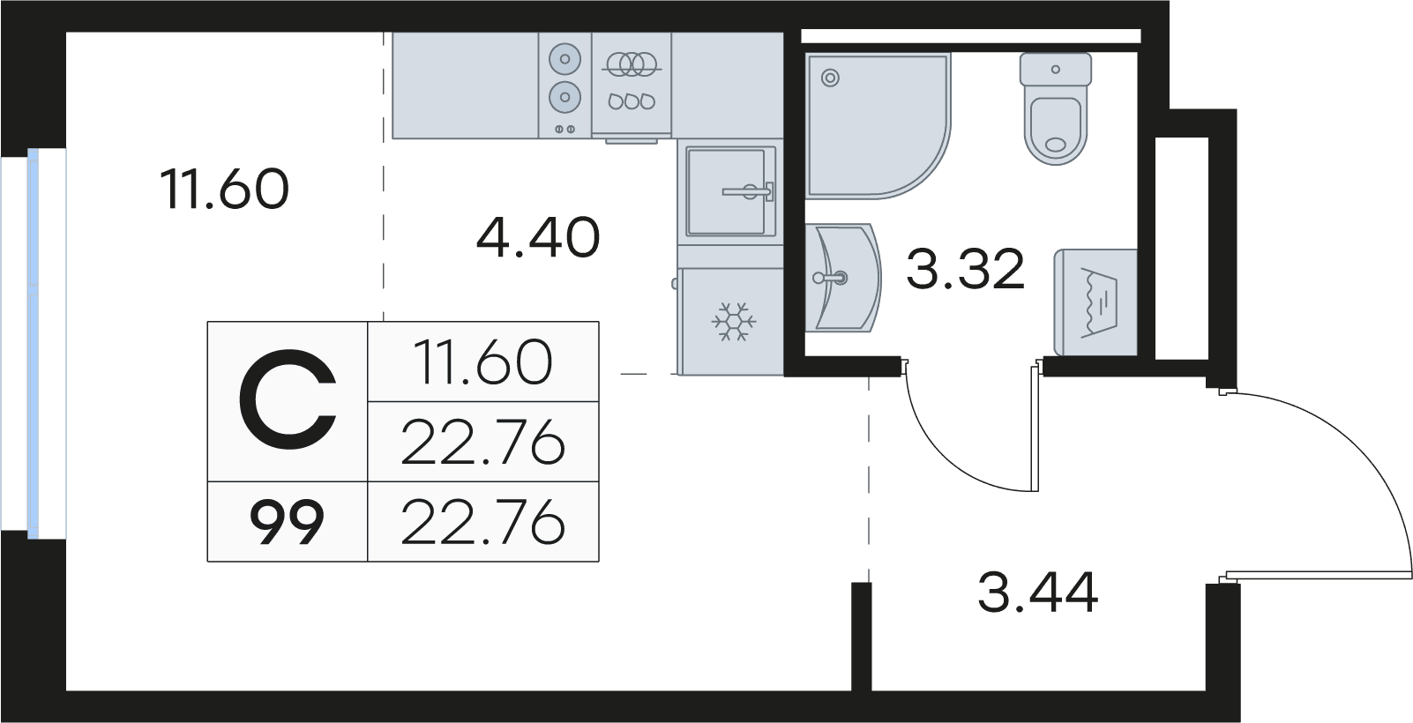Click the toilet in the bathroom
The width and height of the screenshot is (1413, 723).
[1055, 108]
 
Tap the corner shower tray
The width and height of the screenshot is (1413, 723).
[877, 125]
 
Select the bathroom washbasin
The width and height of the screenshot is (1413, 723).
[842, 277]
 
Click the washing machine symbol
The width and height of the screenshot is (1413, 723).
[1095, 302]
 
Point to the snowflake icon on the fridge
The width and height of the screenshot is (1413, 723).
[734, 322]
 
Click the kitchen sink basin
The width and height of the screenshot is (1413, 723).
[730, 191]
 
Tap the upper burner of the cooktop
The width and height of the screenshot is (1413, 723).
[564, 59]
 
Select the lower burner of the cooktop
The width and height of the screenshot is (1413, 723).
[564, 97]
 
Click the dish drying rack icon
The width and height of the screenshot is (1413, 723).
[632, 82]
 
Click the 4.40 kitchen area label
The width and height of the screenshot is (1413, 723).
[537, 238]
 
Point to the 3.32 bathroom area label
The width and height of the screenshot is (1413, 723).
[965, 269]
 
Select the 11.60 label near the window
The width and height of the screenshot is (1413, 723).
[225, 189]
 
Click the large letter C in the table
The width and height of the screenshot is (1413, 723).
[287, 401]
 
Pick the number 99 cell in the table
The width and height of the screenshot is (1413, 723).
[287, 522]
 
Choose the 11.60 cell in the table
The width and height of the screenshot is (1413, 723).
[483, 361]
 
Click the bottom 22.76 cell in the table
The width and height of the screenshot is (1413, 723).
[483, 522]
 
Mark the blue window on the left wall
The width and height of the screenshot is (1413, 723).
[33, 344]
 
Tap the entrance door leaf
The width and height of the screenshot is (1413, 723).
[1319, 575]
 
